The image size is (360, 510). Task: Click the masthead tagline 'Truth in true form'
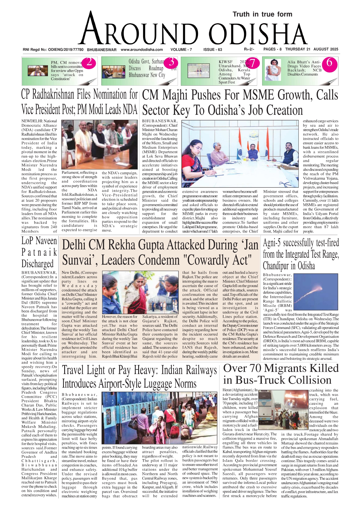[x=262, y=14]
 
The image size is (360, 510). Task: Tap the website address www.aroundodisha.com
[x=142, y=49]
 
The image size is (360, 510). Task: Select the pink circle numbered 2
[x=89, y=62]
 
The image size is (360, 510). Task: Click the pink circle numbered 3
[x=171, y=62]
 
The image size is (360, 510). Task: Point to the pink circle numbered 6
[x=329, y=62]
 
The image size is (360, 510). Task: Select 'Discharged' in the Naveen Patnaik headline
[x=37, y=264]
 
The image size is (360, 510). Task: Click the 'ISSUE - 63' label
[x=213, y=49]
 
